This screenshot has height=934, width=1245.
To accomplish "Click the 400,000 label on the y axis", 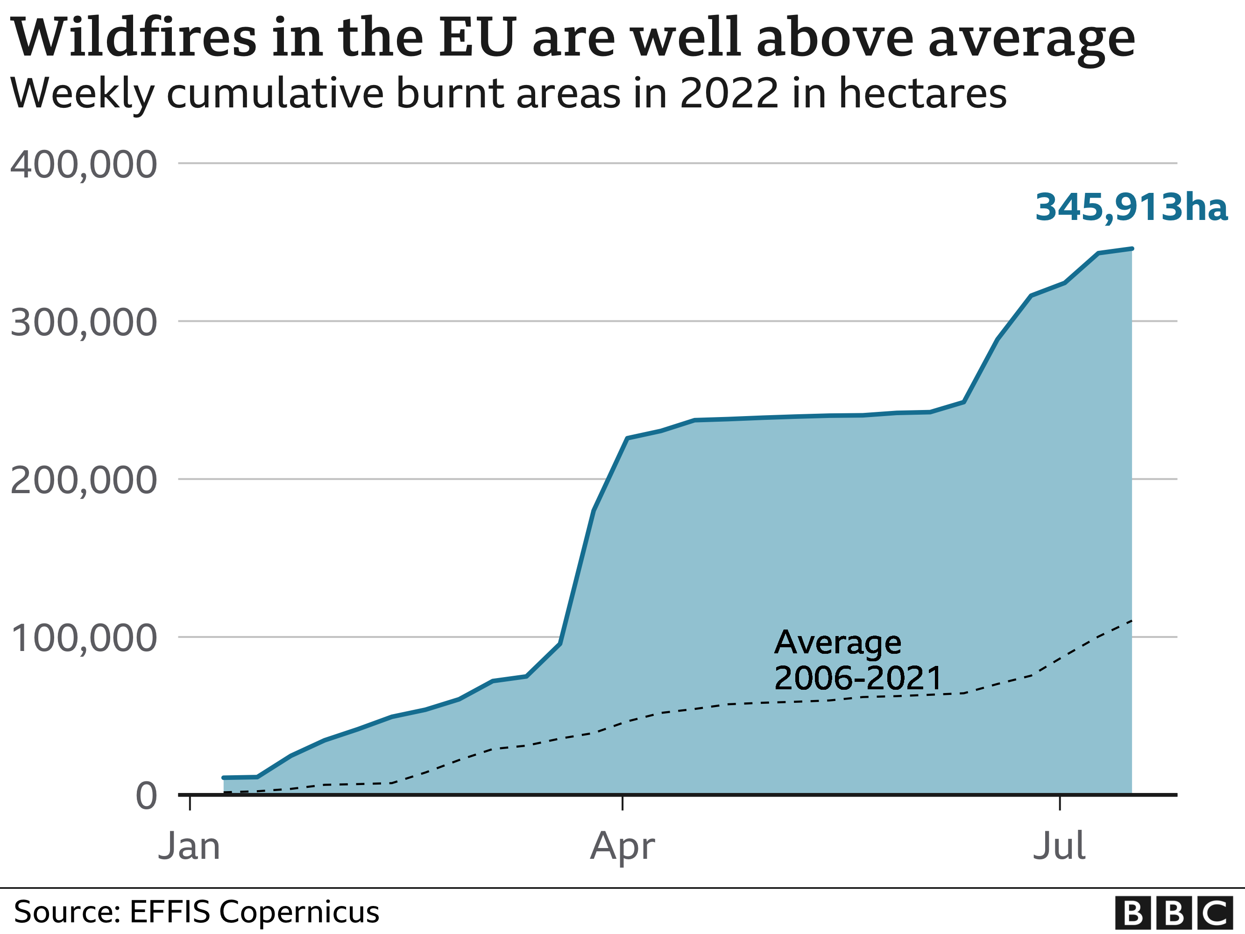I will pos(83,165).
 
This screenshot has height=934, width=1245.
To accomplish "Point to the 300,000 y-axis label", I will pos(83,323).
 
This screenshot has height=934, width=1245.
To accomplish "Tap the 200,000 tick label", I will pos(83,481).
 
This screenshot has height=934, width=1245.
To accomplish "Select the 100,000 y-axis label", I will pos(83,638).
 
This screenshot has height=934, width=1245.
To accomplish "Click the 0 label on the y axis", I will pos(146,796).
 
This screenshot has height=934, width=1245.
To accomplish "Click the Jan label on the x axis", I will pos(189,846).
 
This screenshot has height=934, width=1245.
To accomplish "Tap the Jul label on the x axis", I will pos(1059,846).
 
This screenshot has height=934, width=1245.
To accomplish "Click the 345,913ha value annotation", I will pos(1132,207).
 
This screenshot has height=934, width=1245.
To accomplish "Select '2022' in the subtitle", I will pos(729,93).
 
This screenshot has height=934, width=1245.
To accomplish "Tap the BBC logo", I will pos(1174,913).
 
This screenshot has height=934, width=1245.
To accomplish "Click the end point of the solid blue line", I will pos(1132,248).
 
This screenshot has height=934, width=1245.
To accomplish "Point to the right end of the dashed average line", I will pos(1132,621).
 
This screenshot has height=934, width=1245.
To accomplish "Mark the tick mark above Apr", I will pos(622,803).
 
